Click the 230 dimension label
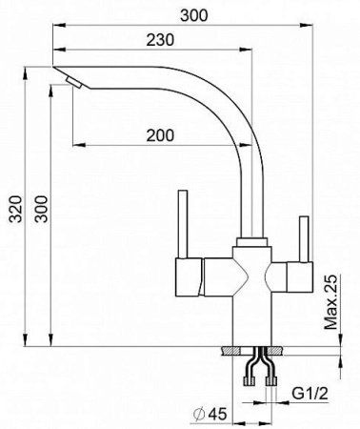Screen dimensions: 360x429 pos(160,40)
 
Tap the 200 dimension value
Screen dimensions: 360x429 pos(160,135)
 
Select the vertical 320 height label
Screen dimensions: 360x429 pos(15,209)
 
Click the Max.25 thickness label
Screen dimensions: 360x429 pos(330,301)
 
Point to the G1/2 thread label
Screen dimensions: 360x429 pos(310,394)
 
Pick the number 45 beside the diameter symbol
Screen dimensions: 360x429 pos(217,414)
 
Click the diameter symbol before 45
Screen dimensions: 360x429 pos(199,414)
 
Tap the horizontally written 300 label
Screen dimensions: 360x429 pos(194,15)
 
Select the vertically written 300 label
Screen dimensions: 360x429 pos(41,209)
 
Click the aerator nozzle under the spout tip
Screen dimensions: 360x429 pos(74,82)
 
